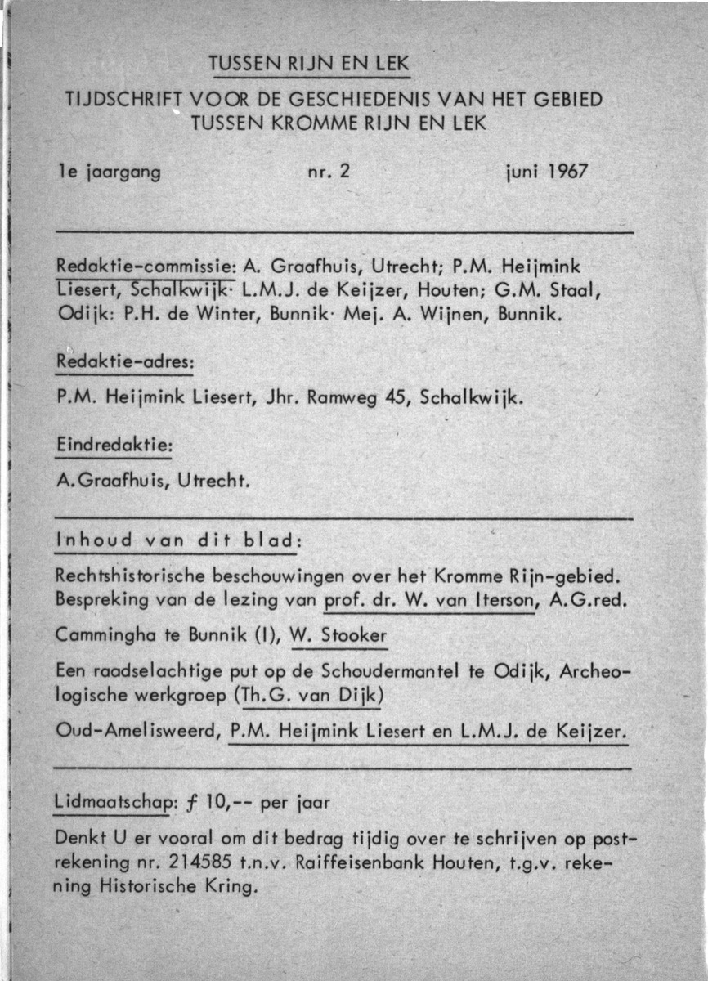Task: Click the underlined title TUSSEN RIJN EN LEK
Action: point(309,63)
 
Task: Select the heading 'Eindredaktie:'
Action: point(114,446)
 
